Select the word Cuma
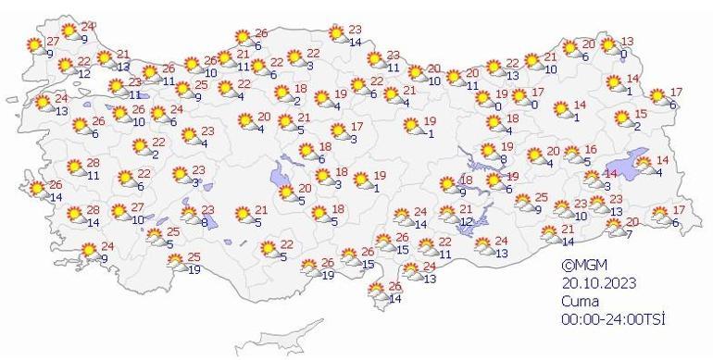click(x=580, y=301)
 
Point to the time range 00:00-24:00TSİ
click(x=613, y=318)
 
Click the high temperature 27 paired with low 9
click(x=53, y=43)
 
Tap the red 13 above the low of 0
click(x=627, y=42)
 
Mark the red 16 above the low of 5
click(x=589, y=149)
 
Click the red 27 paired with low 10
click(x=138, y=207)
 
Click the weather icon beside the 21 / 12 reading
click(x=448, y=215)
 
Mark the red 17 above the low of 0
click(x=540, y=93)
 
